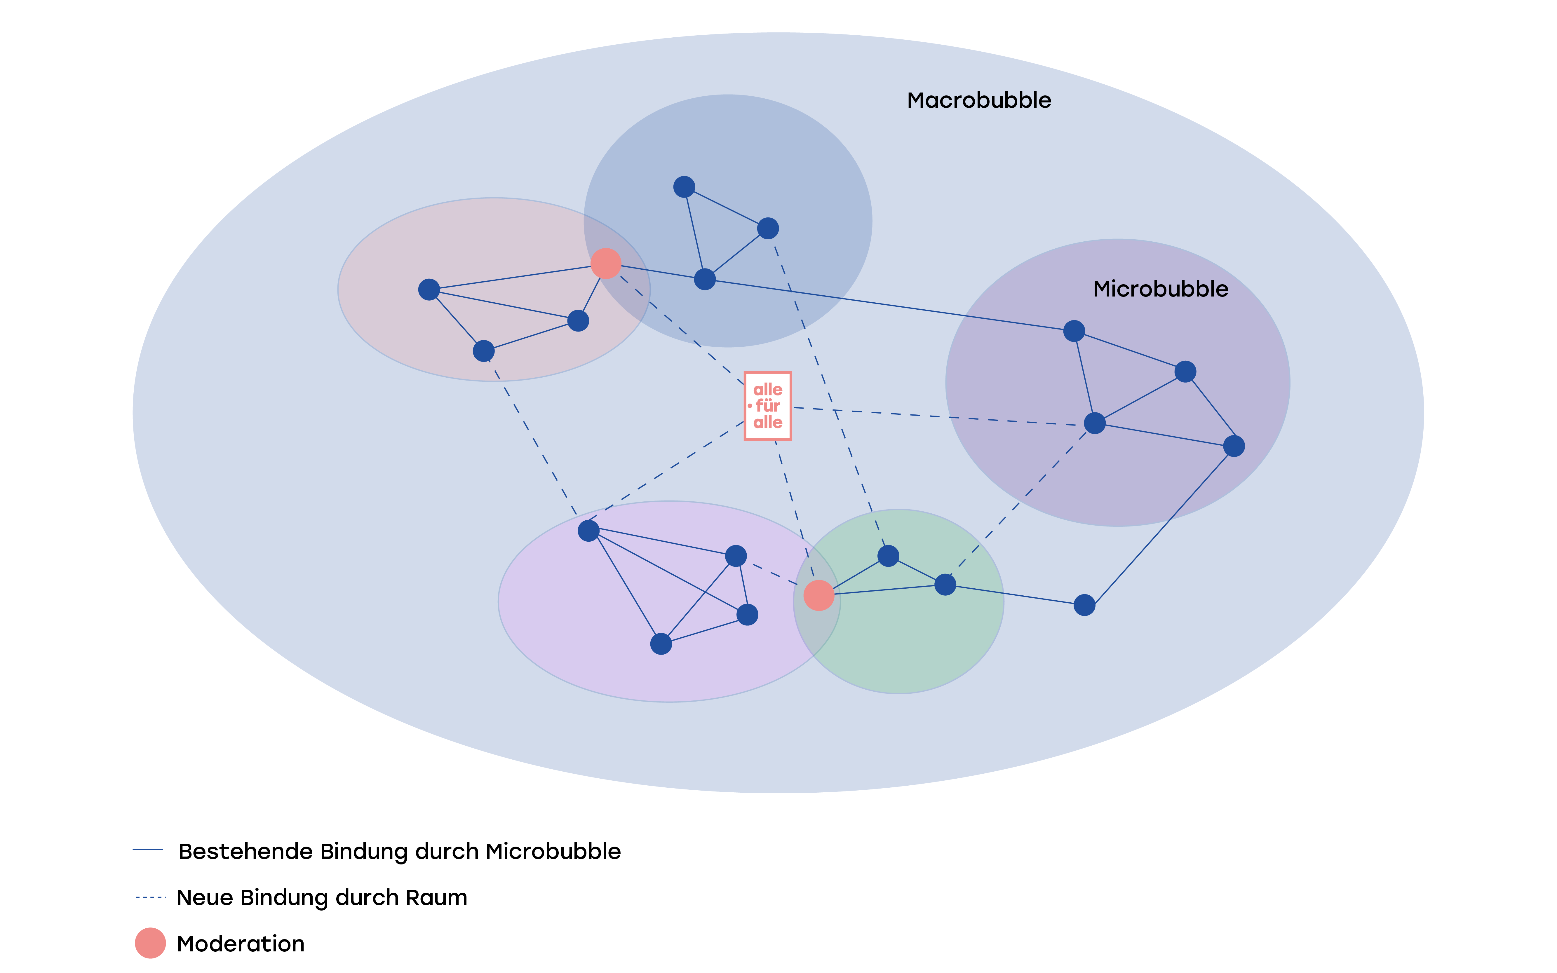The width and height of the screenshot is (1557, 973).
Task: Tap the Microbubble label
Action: (1161, 290)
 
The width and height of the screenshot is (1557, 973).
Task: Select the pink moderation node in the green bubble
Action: (819, 595)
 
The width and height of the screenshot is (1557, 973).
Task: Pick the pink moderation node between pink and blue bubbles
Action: (606, 263)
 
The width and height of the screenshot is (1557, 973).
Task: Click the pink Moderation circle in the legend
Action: (150, 944)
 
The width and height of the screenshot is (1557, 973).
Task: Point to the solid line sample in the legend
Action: (148, 850)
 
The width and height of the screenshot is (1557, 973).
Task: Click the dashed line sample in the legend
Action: (151, 897)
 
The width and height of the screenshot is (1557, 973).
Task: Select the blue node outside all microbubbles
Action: (1084, 605)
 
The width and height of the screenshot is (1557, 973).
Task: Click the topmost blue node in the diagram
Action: (684, 186)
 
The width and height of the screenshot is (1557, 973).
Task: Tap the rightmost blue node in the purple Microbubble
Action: (1234, 446)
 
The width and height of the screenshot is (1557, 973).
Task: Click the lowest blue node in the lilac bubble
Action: (661, 644)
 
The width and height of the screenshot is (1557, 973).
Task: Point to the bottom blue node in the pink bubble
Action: (483, 351)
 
